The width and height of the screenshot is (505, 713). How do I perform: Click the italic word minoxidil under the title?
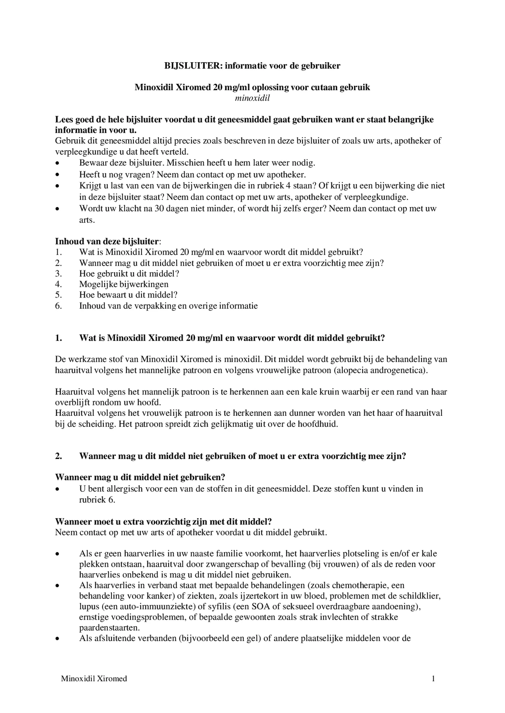[252, 98]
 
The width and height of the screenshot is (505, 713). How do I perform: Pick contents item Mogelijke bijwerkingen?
[124, 284]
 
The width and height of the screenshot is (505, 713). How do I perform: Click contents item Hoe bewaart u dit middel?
[128, 295]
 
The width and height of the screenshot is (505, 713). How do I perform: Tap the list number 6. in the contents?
[58, 306]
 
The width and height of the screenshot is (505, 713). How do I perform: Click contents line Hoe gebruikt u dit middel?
[129, 274]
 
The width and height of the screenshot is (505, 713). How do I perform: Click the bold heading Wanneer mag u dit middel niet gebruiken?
[140, 477]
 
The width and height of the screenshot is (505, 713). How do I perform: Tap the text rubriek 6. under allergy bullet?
[97, 500]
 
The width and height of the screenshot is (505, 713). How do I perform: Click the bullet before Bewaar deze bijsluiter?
[58, 163]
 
